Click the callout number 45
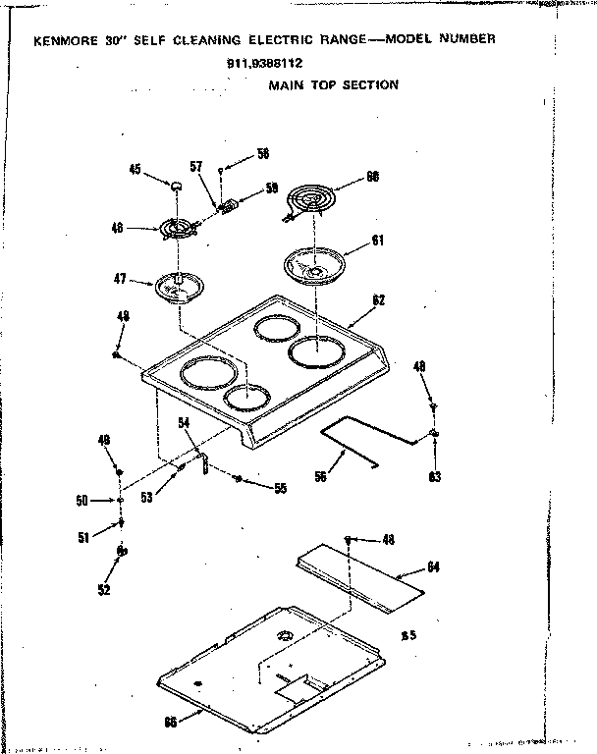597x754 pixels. coord(135,169)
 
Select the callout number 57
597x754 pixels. coord(195,167)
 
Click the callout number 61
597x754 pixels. coord(378,241)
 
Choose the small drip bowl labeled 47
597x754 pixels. coord(179,288)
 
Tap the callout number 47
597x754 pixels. coord(121,280)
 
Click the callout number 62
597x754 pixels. coord(378,300)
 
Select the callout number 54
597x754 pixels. coord(183,422)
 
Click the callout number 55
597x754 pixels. coord(281,488)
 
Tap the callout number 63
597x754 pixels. coord(435,478)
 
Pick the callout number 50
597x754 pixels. coord(81,502)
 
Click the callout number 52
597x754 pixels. coord(103,590)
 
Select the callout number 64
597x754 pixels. coord(435,567)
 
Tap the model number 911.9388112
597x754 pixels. coord(264,64)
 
